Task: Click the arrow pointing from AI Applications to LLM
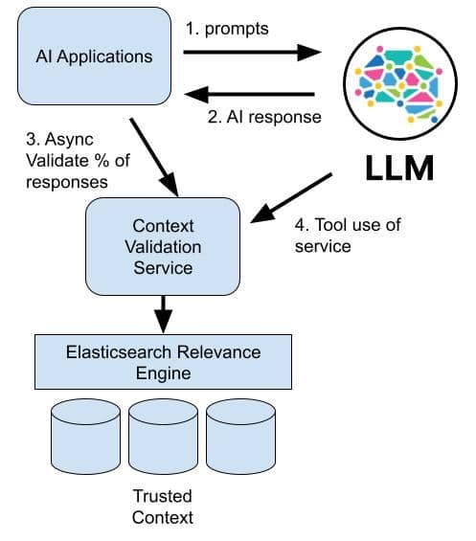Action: tap(252, 52)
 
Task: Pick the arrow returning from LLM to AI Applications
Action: tap(252, 93)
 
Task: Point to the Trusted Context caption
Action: tap(162, 507)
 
